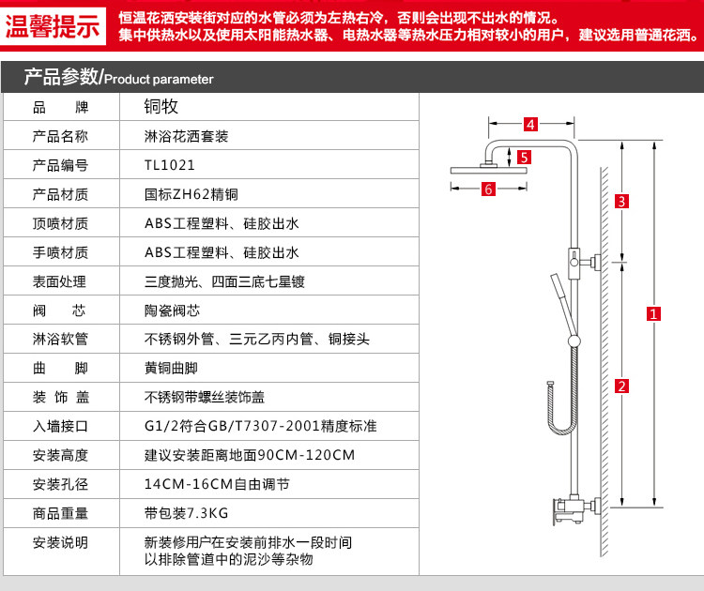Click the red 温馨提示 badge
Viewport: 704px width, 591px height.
point(54,26)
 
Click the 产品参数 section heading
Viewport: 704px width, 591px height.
point(61,78)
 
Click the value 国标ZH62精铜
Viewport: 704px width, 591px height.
point(191,194)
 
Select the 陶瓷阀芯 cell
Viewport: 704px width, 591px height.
point(173,311)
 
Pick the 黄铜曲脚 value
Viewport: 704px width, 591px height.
point(172,368)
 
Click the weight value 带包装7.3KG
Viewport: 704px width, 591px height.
point(187,512)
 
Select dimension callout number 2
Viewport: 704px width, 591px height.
point(620,386)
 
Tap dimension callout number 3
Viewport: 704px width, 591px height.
point(620,201)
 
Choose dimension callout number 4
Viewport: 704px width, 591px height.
point(529,124)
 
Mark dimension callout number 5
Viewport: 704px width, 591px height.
point(524,157)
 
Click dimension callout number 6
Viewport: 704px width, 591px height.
point(487,189)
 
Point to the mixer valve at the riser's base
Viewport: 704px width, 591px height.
point(568,512)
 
